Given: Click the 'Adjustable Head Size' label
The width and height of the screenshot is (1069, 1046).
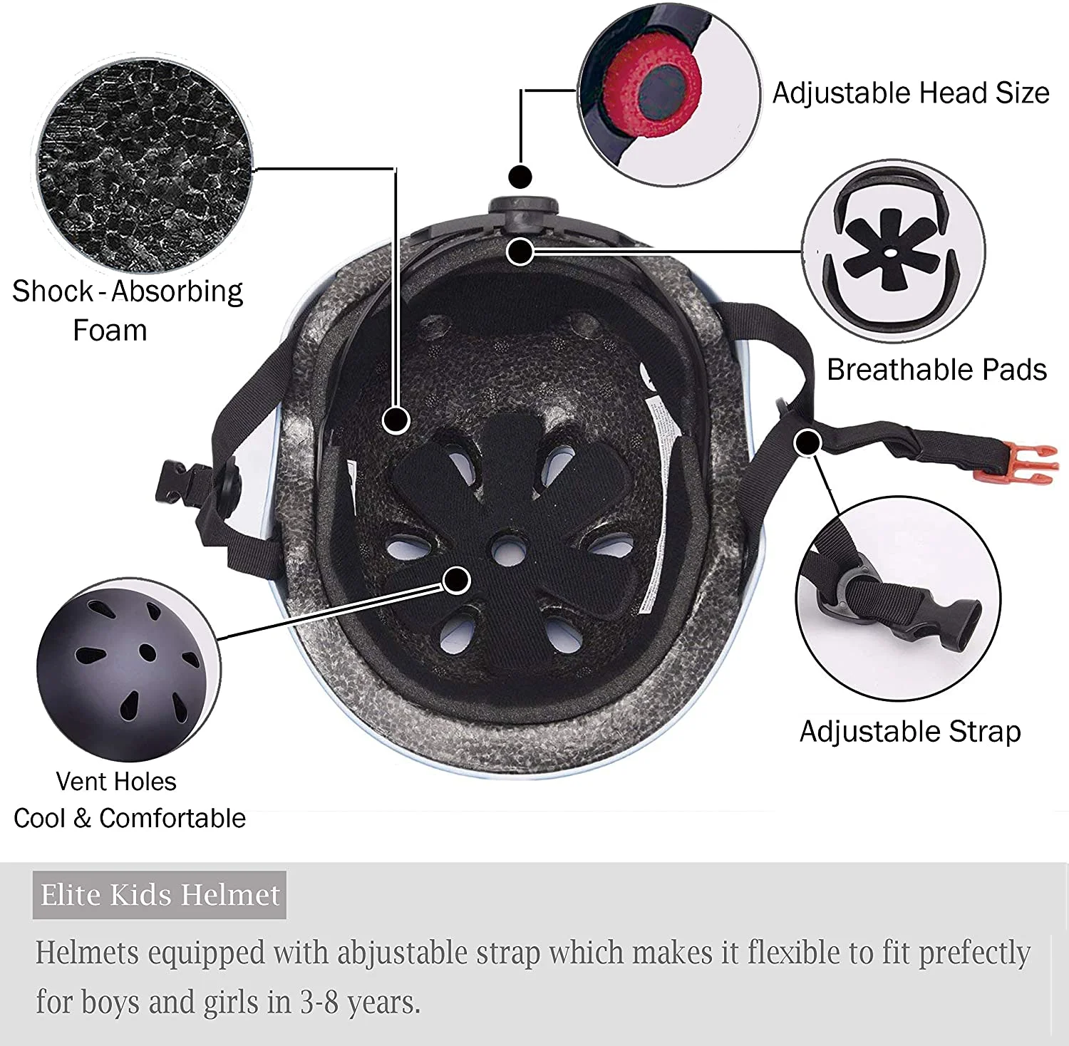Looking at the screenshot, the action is pos(911,93).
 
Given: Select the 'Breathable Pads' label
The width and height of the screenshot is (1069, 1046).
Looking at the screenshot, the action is pos(936,369).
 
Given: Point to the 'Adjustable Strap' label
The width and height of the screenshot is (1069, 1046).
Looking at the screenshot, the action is pos(910,732).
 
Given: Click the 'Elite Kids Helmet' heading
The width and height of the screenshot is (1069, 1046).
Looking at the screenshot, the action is pos(160,895).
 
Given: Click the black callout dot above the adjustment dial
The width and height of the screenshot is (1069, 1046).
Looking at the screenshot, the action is pos(520,176).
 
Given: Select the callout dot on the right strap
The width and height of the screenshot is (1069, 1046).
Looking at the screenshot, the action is pos(807,442).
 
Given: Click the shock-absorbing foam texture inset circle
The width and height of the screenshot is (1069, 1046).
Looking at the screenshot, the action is pos(145,165).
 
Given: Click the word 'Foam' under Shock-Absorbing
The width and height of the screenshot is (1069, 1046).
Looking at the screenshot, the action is pos(110,331).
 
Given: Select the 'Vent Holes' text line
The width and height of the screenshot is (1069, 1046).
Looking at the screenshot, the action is pos(116,782).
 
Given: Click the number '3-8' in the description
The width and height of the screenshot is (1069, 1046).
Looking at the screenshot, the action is pos(319,1003).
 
